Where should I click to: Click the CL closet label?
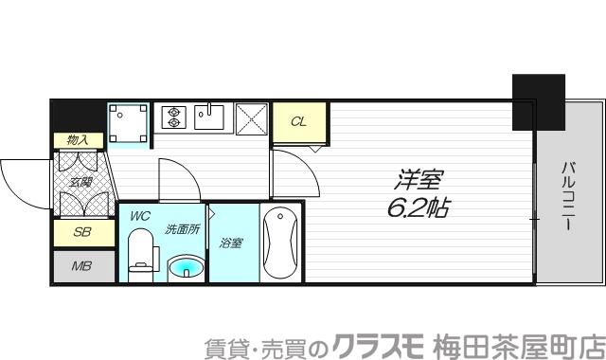click(298, 121)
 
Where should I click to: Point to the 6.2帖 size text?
click(417, 207)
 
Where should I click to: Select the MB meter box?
click(80, 266)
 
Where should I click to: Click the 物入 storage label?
click(78, 140)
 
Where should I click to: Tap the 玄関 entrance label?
click(79, 183)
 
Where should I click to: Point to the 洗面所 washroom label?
click(182, 228)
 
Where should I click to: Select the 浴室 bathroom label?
click(232, 243)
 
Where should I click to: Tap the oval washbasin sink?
click(187, 268)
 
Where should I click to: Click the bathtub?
click(280, 243)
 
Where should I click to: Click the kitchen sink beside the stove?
click(209, 117)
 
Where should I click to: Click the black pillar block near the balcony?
click(538, 102)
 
